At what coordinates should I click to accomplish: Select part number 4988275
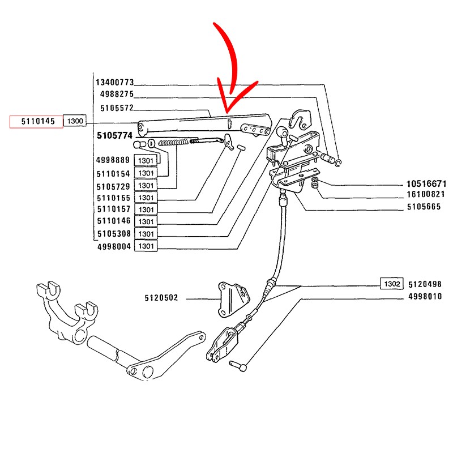click(x=117, y=95)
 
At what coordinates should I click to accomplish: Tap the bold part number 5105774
click(x=114, y=135)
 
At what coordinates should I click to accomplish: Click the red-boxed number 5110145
click(x=35, y=121)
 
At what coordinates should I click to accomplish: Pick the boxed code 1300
click(x=74, y=121)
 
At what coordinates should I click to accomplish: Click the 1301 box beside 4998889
click(x=146, y=161)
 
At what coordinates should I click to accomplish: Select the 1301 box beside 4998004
click(x=146, y=246)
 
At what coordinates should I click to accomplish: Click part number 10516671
click(x=426, y=184)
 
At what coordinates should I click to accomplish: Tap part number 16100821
click(x=426, y=194)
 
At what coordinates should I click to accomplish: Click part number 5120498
click(x=425, y=284)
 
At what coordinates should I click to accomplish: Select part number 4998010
click(x=425, y=297)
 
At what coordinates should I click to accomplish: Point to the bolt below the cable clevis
click(x=238, y=366)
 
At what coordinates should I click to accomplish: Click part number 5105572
click(x=117, y=108)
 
